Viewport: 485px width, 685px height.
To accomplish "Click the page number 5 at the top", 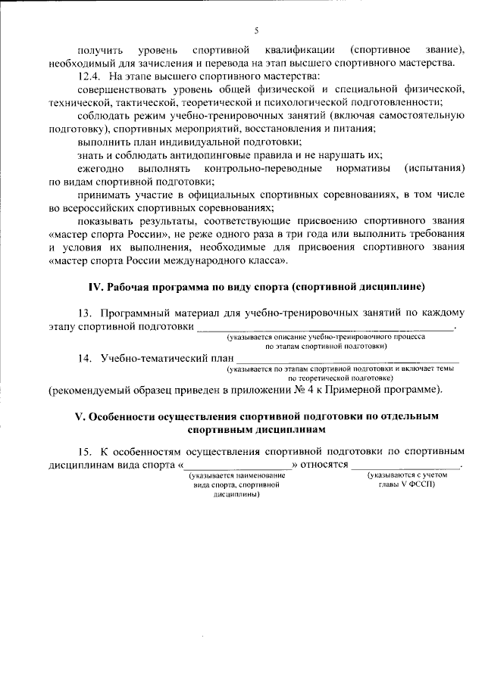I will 255,30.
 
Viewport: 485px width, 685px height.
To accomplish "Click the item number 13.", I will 84,313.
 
